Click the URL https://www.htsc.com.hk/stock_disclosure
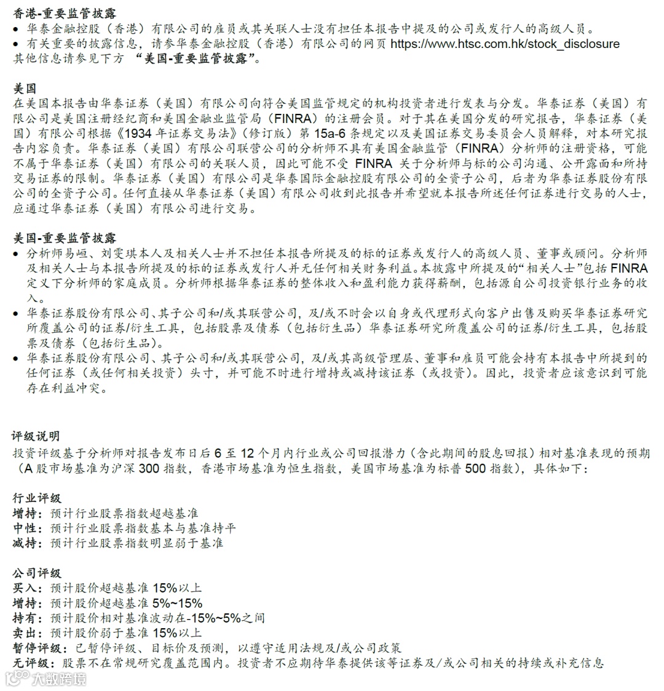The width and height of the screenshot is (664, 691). [505, 44]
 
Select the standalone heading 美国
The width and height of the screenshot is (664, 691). [25, 89]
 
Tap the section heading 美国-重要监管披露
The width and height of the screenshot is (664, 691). [65, 238]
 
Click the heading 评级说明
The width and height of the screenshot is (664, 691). [36, 436]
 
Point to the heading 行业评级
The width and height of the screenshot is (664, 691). [36, 498]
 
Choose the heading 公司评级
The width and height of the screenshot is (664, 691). [36, 573]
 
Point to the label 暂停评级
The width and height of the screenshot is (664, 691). [36, 648]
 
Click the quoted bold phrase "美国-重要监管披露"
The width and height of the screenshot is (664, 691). [197, 59]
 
